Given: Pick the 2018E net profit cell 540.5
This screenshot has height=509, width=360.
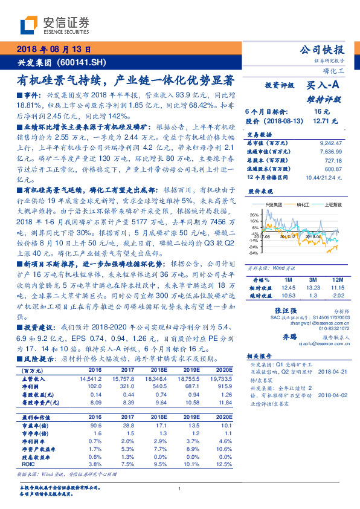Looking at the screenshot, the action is (x=161, y=384).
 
